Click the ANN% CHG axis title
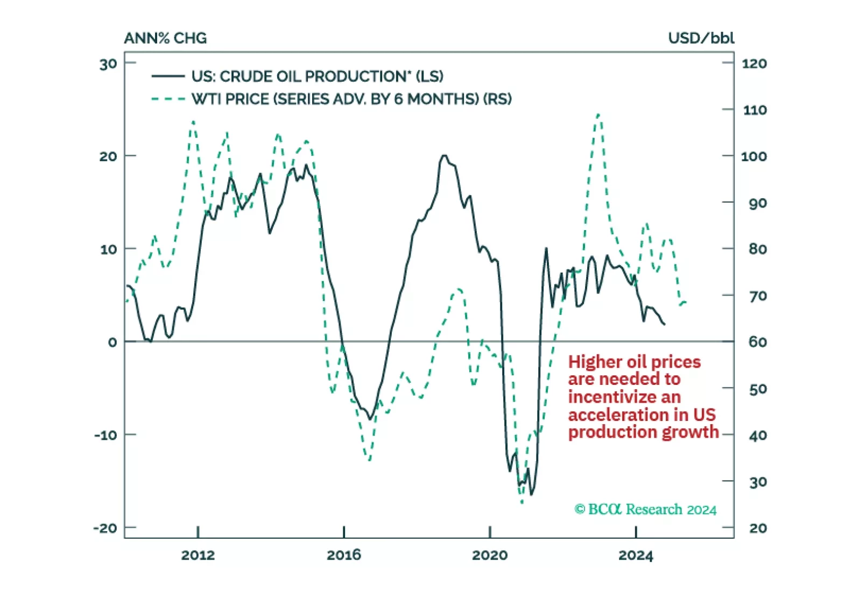pos(165,38)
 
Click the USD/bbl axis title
pos(701,38)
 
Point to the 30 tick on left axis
pos(108,65)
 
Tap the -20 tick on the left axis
pos(105,528)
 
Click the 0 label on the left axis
pos(112,342)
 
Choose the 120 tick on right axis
pos(754,64)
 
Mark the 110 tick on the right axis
pos(754,110)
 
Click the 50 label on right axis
pos(758,389)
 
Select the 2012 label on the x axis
pos(198,555)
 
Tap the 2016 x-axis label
pos(343,555)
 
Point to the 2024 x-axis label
pos(636,555)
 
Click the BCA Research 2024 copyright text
pos(645,510)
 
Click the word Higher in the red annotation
pos(595,362)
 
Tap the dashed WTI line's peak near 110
pos(598,115)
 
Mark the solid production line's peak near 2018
pos(444,156)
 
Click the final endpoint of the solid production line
pos(665,324)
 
